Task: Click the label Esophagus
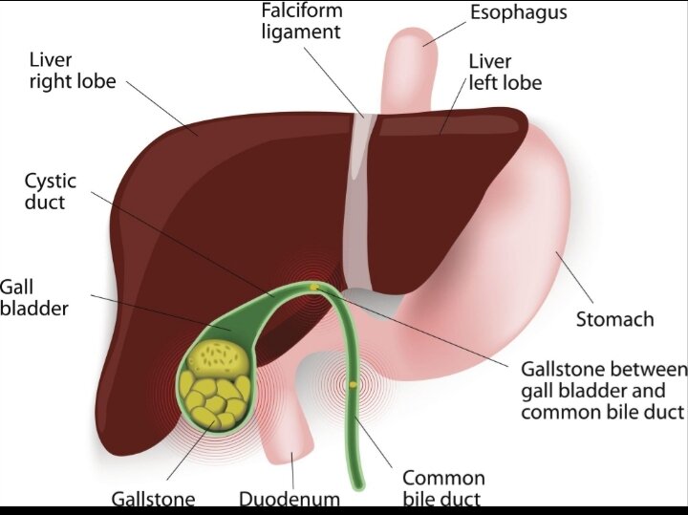coord(519,12)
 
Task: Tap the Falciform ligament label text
coord(302,21)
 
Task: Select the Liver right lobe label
coord(73,71)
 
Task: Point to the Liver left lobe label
coord(505,73)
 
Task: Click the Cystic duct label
coord(51,192)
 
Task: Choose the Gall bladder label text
coord(34,298)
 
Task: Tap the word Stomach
coord(614,319)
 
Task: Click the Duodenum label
coord(290,499)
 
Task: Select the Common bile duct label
coord(443,488)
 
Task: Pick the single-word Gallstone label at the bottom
coord(153,499)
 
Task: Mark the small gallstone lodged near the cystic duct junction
coord(314,288)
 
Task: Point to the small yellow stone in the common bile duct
coord(354,385)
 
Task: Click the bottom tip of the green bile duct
coord(358,487)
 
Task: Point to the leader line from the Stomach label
coord(574,277)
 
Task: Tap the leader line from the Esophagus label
coord(444,33)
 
